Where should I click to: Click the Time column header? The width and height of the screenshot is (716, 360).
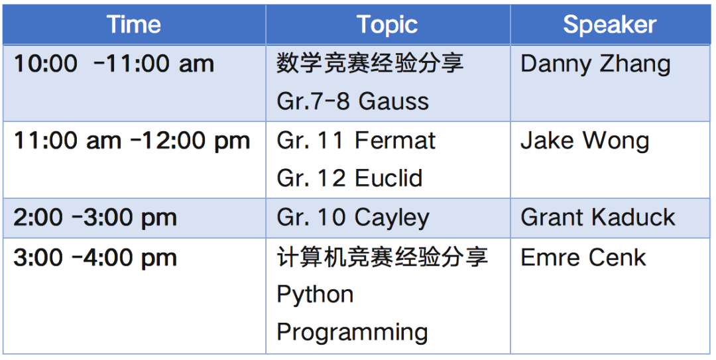pos(134,25)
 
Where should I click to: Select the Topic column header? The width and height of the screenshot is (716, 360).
pos(387,25)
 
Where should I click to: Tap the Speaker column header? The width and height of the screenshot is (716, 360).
pos(610,25)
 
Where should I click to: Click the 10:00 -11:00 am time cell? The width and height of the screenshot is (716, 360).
pos(114,64)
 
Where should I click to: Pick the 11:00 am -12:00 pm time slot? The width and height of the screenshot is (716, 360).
pos(132,141)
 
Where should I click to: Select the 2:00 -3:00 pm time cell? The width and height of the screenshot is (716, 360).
pos(95,218)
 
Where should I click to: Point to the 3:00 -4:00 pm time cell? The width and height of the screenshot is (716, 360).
pos(95,259)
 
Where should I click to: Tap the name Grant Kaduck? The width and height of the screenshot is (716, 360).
pos(598,217)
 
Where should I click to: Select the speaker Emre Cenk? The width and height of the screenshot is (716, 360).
pos(583,258)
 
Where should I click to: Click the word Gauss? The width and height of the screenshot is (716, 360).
pos(394,101)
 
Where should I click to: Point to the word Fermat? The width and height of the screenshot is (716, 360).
pos(395,141)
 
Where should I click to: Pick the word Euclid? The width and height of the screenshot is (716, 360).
pos(388,178)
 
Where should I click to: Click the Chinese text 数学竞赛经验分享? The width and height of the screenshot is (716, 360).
pos(371,64)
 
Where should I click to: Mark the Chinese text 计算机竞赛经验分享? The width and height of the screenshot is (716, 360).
pos(383,257)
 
